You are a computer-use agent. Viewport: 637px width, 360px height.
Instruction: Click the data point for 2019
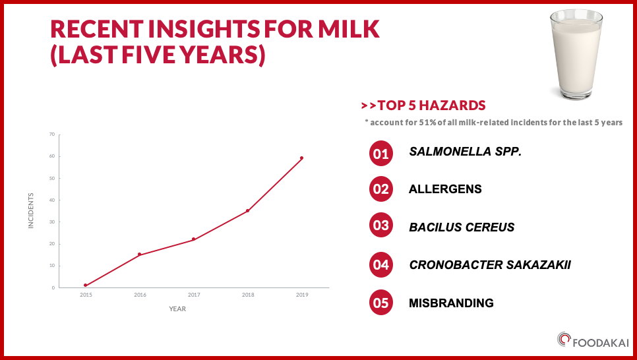[x=301, y=158]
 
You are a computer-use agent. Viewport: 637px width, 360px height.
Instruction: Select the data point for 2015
[x=85, y=285]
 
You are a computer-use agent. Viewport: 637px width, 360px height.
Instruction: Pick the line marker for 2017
[x=193, y=239]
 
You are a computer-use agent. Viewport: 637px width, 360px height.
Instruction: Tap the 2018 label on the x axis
[x=248, y=295]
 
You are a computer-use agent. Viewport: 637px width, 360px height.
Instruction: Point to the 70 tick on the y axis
[x=52, y=135]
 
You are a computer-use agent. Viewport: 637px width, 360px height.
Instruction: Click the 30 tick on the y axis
[x=52, y=222]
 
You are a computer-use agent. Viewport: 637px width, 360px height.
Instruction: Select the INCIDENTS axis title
[x=31, y=210]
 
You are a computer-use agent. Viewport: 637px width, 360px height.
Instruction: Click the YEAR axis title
[x=177, y=309]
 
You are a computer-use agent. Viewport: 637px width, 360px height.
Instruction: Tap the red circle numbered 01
[x=381, y=154]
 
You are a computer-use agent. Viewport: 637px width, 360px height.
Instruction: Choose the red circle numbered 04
[x=381, y=265]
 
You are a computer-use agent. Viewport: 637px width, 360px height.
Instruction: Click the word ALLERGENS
[x=445, y=189]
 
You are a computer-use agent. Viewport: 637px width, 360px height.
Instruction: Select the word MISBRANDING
[x=451, y=303]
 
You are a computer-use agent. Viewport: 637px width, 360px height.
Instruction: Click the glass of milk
[x=576, y=55]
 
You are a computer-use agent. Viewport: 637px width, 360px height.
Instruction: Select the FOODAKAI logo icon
[x=564, y=340]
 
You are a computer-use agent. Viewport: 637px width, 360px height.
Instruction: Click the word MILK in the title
[x=349, y=29]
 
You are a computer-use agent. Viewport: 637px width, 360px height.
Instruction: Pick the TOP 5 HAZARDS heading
[x=431, y=105]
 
